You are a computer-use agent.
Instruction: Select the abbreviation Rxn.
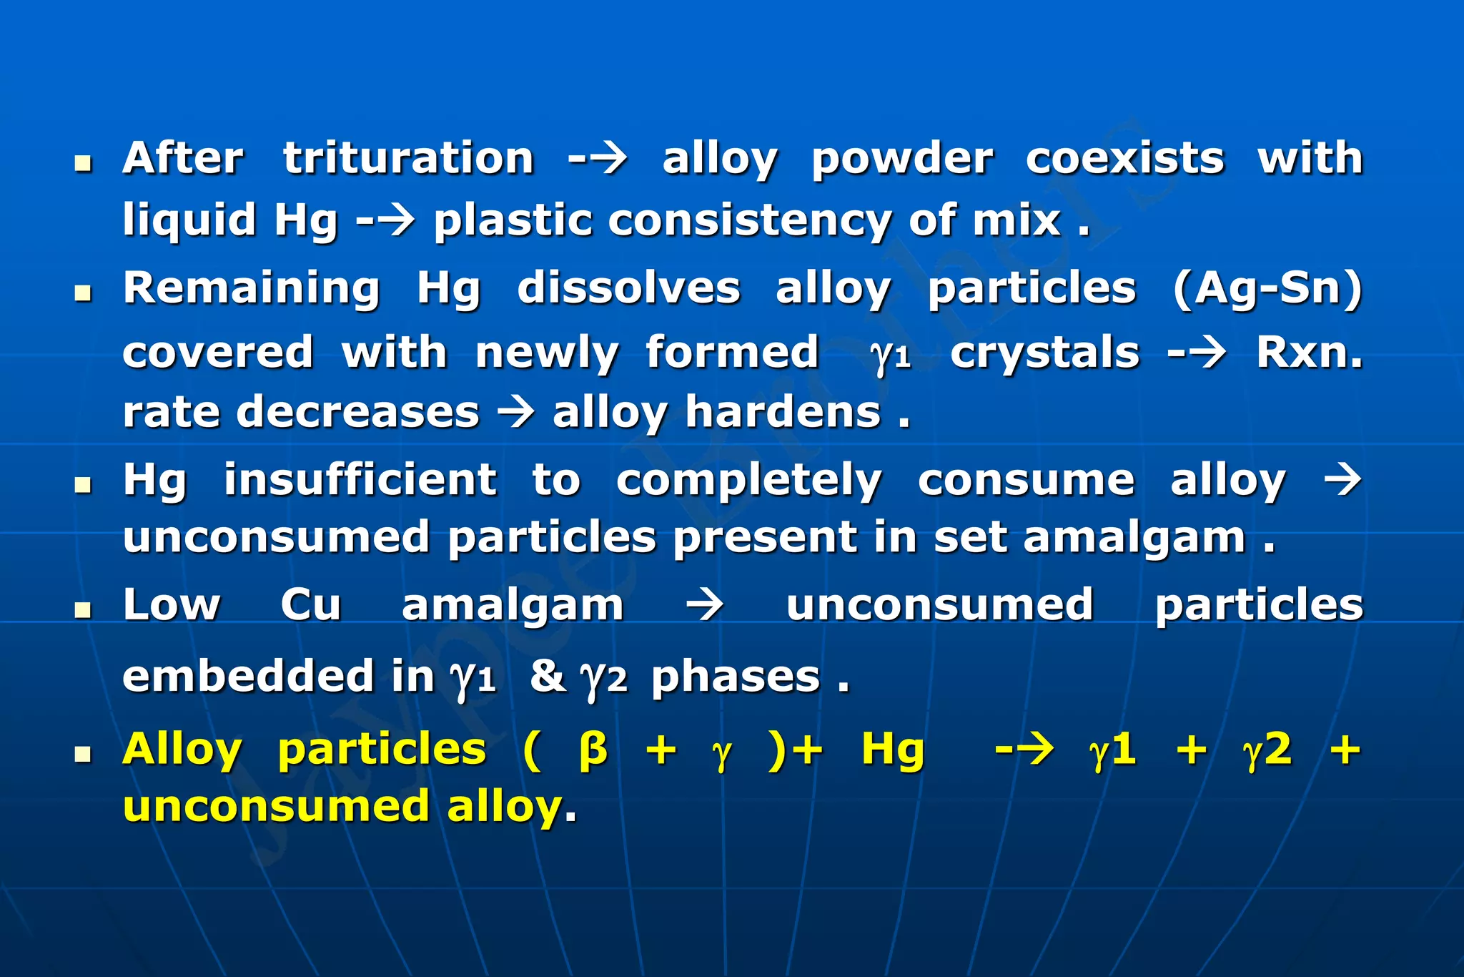1310,352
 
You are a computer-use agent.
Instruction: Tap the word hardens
783,413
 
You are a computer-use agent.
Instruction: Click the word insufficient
360,479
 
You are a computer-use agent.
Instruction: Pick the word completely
749,481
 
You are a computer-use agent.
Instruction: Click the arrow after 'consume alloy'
1343,479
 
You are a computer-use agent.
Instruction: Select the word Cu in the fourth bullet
311,605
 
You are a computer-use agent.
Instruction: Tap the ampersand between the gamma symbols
547,676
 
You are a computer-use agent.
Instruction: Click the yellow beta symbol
593,750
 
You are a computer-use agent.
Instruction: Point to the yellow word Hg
893,751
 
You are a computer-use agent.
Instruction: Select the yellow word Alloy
182,750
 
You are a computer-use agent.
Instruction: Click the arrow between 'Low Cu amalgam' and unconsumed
705,605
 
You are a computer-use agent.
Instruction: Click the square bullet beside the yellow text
84,755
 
